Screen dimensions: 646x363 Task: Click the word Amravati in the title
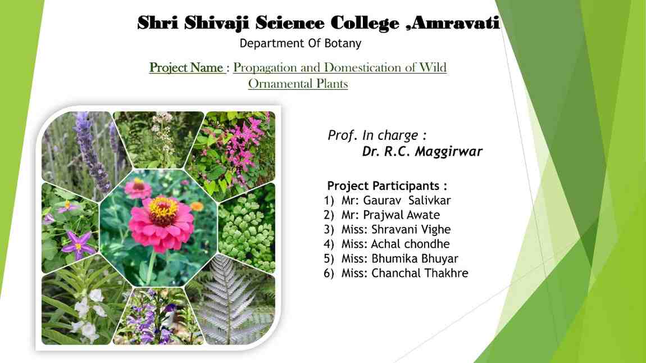click(x=455, y=22)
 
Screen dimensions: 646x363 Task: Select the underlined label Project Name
click(x=186, y=67)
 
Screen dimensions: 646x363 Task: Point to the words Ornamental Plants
click(x=298, y=84)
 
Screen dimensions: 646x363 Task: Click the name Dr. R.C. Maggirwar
click(x=422, y=152)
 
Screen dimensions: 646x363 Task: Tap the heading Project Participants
click(x=387, y=186)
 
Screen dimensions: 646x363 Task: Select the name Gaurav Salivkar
click(x=407, y=201)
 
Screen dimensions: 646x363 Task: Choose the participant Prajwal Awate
click(x=401, y=215)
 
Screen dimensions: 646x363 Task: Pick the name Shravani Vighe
click(x=411, y=229)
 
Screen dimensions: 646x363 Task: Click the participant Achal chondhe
click(x=410, y=244)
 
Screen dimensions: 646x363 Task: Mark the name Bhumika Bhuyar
click(x=415, y=258)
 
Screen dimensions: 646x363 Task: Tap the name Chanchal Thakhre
click(x=420, y=273)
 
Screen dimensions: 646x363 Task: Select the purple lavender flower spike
click(x=90, y=152)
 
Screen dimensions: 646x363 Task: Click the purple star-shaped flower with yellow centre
click(x=78, y=246)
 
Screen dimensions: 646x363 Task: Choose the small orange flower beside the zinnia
click(x=197, y=206)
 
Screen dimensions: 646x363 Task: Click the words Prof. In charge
click(x=377, y=135)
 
